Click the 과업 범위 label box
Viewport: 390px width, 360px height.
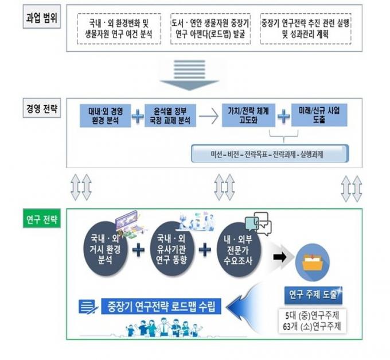coord(42,17)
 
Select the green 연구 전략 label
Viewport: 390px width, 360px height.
coord(42,219)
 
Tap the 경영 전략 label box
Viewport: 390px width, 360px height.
coord(42,108)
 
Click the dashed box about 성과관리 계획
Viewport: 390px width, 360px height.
coord(306,29)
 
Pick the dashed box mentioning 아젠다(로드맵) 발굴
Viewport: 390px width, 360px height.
coord(210,29)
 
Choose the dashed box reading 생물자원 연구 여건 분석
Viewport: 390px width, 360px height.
coord(119,29)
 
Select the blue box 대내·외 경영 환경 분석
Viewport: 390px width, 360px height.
coord(106,116)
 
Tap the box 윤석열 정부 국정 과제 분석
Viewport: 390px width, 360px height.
coord(170,116)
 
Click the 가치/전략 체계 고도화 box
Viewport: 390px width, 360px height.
coord(248,115)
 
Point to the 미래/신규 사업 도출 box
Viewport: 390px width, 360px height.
coord(319,115)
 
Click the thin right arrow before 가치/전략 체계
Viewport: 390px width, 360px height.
coord(209,116)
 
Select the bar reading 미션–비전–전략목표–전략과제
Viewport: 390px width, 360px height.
coord(270,154)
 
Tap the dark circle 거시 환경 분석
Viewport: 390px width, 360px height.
coord(106,249)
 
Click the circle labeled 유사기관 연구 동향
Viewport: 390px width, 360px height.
coord(171,249)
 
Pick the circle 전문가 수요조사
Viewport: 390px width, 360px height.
coord(238,250)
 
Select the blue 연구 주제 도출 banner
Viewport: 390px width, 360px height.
coord(313,295)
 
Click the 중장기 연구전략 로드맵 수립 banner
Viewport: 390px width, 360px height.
coord(161,306)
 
